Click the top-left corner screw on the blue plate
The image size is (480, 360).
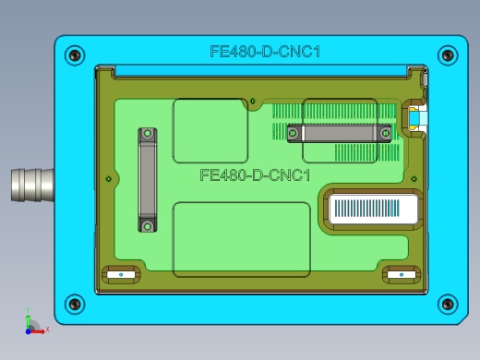pyautogui.click(x=75, y=54)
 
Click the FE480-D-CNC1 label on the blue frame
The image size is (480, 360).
pyautogui.click(x=265, y=53)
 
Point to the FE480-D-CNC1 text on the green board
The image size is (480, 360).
pyautogui.click(x=254, y=174)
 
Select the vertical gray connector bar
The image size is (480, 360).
pyautogui.click(x=148, y=180)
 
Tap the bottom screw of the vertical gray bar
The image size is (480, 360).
pyautogui.click(x=148, y=224)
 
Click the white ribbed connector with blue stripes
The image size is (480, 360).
pyautogui.click(x=374, y=209)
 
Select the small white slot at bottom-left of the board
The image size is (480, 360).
pyautogui.click(x=120, y=274)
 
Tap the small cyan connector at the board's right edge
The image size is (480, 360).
pyautogui.click(x=416, y=117)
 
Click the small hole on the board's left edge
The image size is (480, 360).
pyautogui.click(x=109, y=178)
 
